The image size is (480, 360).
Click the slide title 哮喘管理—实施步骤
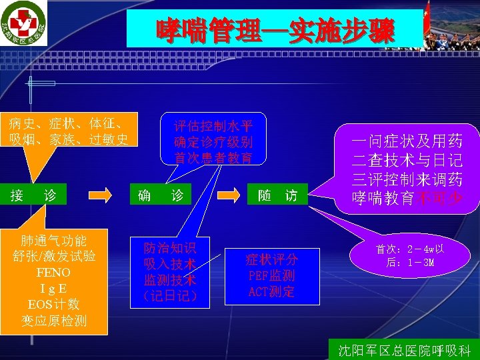pyautogui.click(x=275, y=31)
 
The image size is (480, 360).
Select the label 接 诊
pyautogui.click(x=33, y=195)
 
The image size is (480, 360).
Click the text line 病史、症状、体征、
pyautogui.click(x=65, y=123)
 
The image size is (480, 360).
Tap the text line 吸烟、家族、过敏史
pyautogui.click(x=69, y=139)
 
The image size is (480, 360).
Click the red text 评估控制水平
pyautogui.click(x=213, y=125)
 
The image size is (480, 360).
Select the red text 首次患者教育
pyautogui.click(x=213, y=158)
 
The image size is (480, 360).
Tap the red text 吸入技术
pyautogui.click(x=170, y=264)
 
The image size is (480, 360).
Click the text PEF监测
pyautogui.click(x=271, y=275)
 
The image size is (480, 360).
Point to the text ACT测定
pyautogui.click(x=271, y=291)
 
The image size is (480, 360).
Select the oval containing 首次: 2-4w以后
pyautogui.click(x=409, y=256)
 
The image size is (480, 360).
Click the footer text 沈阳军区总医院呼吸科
pyautogui.click(x=404, y=350)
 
